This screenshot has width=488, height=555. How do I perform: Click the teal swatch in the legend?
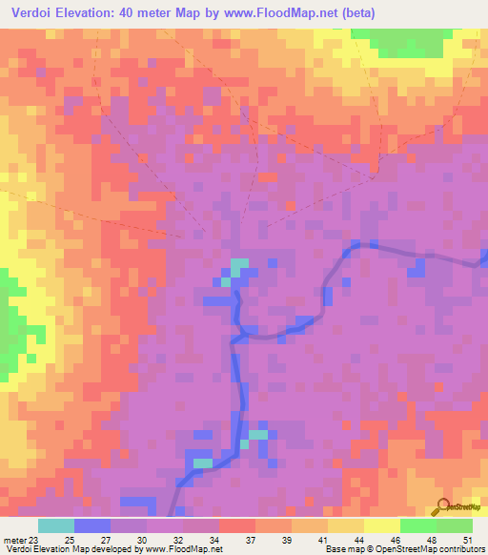coord(56,525)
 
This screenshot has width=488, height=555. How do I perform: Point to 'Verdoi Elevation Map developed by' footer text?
coord(71,549)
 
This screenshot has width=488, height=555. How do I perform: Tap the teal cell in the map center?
coord(238,264)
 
